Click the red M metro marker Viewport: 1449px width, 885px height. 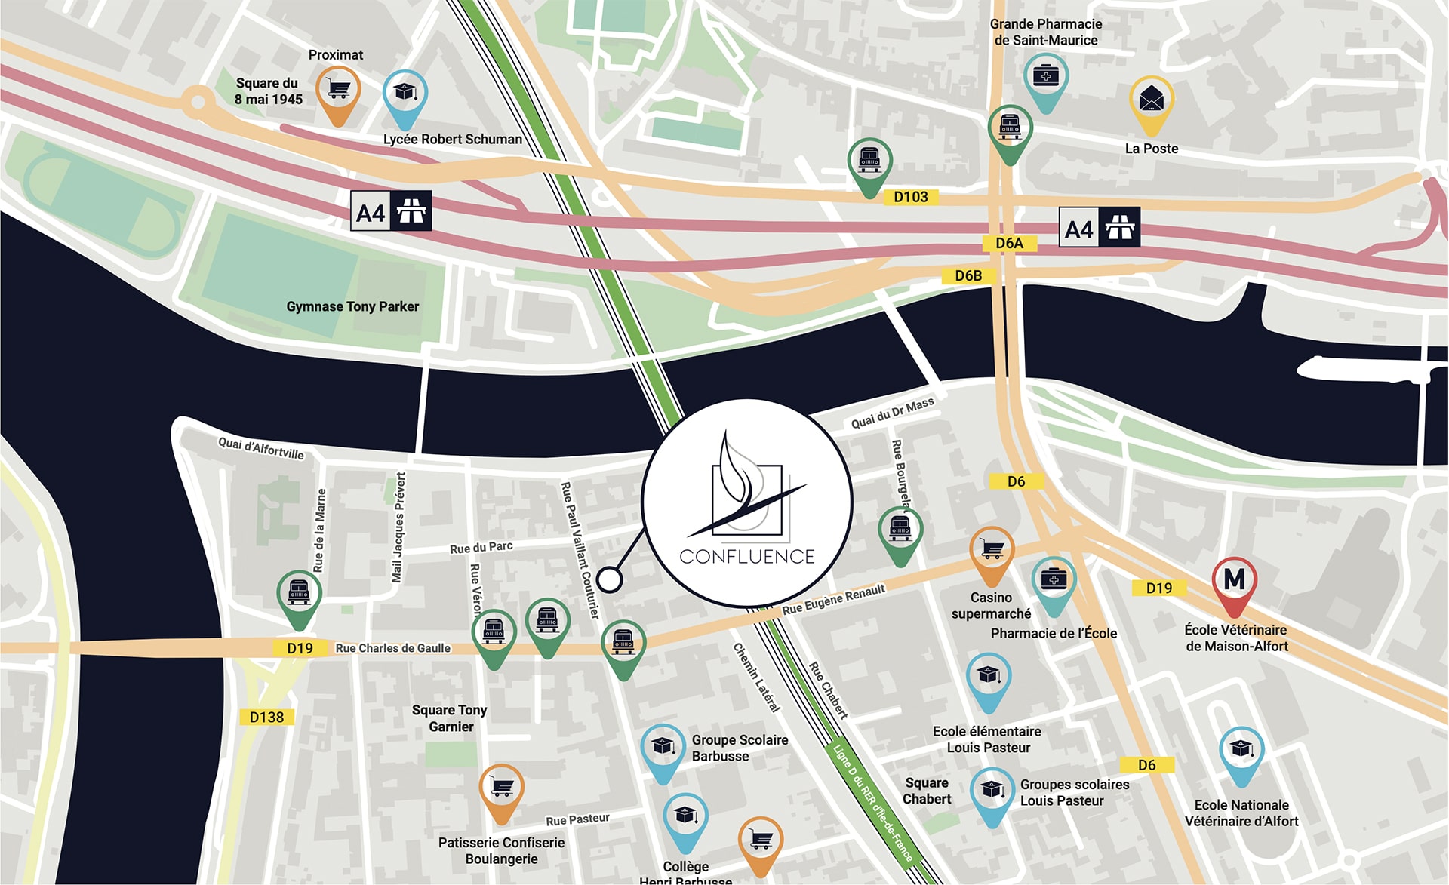click(x=1234, y=581)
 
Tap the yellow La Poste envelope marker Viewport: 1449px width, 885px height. click(x=1151, y=100)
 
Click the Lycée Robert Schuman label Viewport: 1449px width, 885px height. click(x=452, y=140)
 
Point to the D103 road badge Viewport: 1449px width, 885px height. click(x=910, y=197)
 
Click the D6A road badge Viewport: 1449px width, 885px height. click(x=1009, y=243)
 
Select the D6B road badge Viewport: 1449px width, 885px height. click(x=968, y=275)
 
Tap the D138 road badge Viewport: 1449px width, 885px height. click(x=266, y=717)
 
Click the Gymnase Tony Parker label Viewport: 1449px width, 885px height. click(x=352, y=306)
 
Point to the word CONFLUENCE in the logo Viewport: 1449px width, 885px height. click(x=747, y=557)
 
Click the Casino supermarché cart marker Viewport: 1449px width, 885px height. click(x=992, y=551)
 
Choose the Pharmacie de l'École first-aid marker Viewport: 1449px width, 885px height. click(x=1054, y=581)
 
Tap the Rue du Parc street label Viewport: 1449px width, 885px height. click(x=481, y=547)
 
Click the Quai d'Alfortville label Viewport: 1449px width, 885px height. click(x=261, y=448)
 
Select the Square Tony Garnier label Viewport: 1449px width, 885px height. click(x=450, y=718)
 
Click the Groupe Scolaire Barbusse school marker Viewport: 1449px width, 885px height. click(x=663, y=748)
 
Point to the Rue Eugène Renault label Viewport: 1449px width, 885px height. click(x=833, y=600)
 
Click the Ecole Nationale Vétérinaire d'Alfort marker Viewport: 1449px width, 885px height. click(x=1241, y=750)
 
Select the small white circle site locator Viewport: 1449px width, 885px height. click(x=609, y=579)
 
